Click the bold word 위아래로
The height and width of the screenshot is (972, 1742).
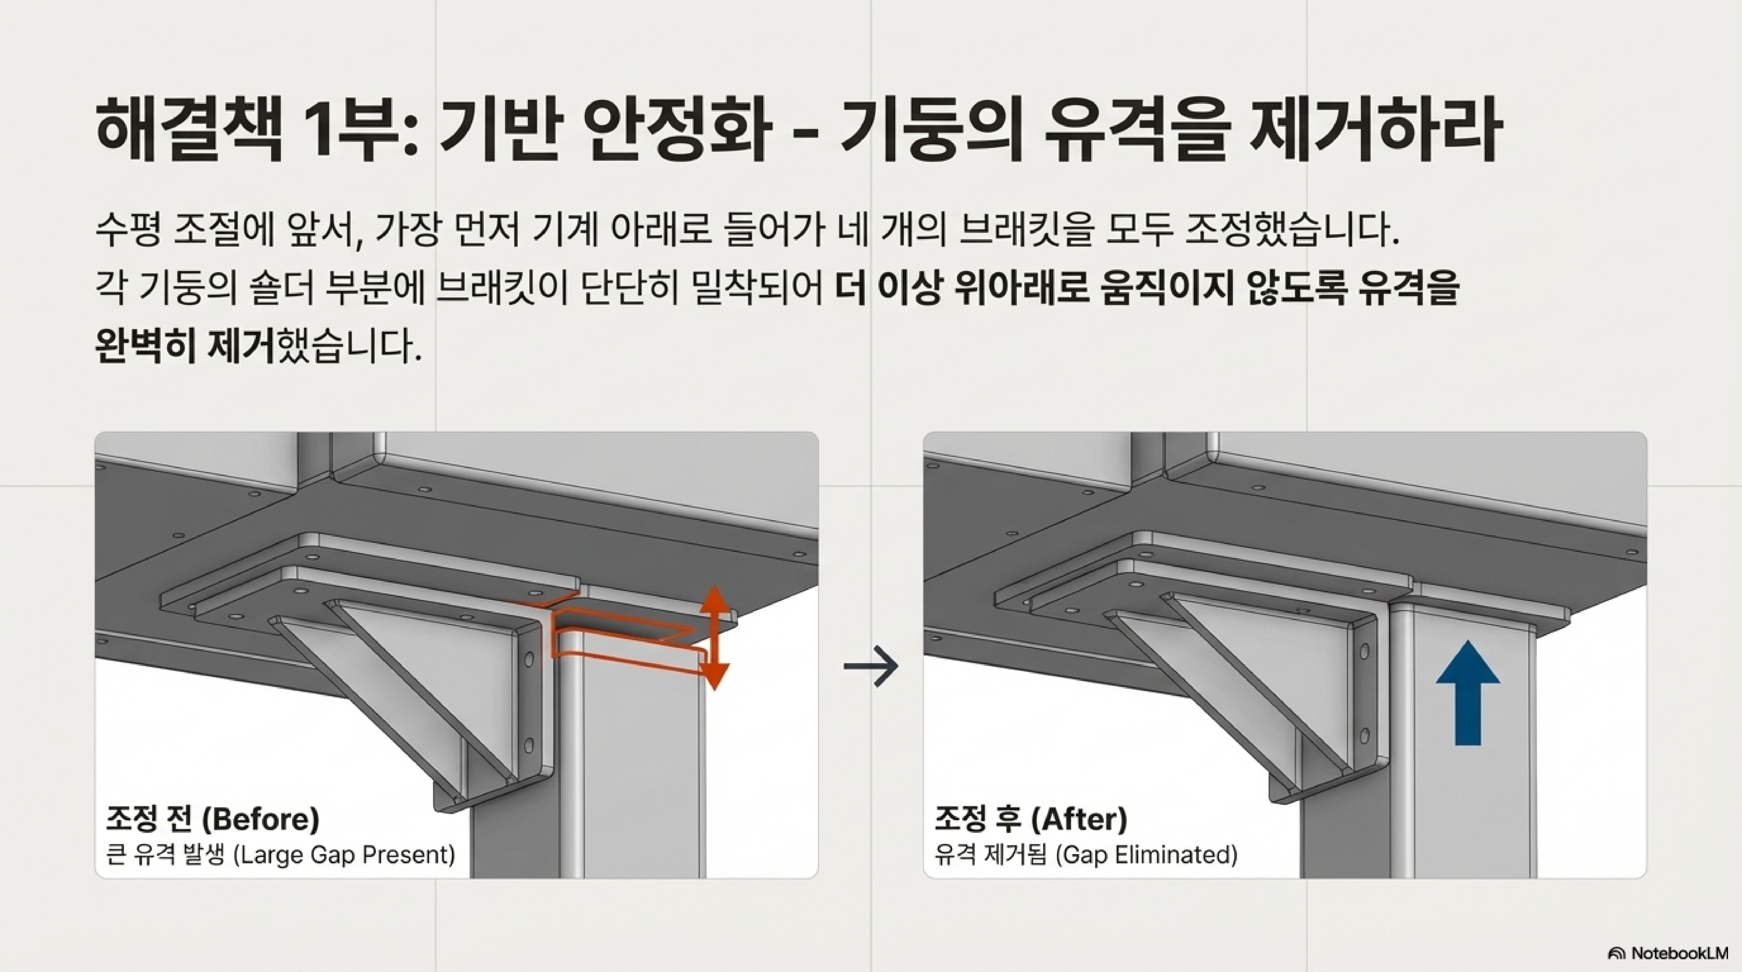click(1021, 289)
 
